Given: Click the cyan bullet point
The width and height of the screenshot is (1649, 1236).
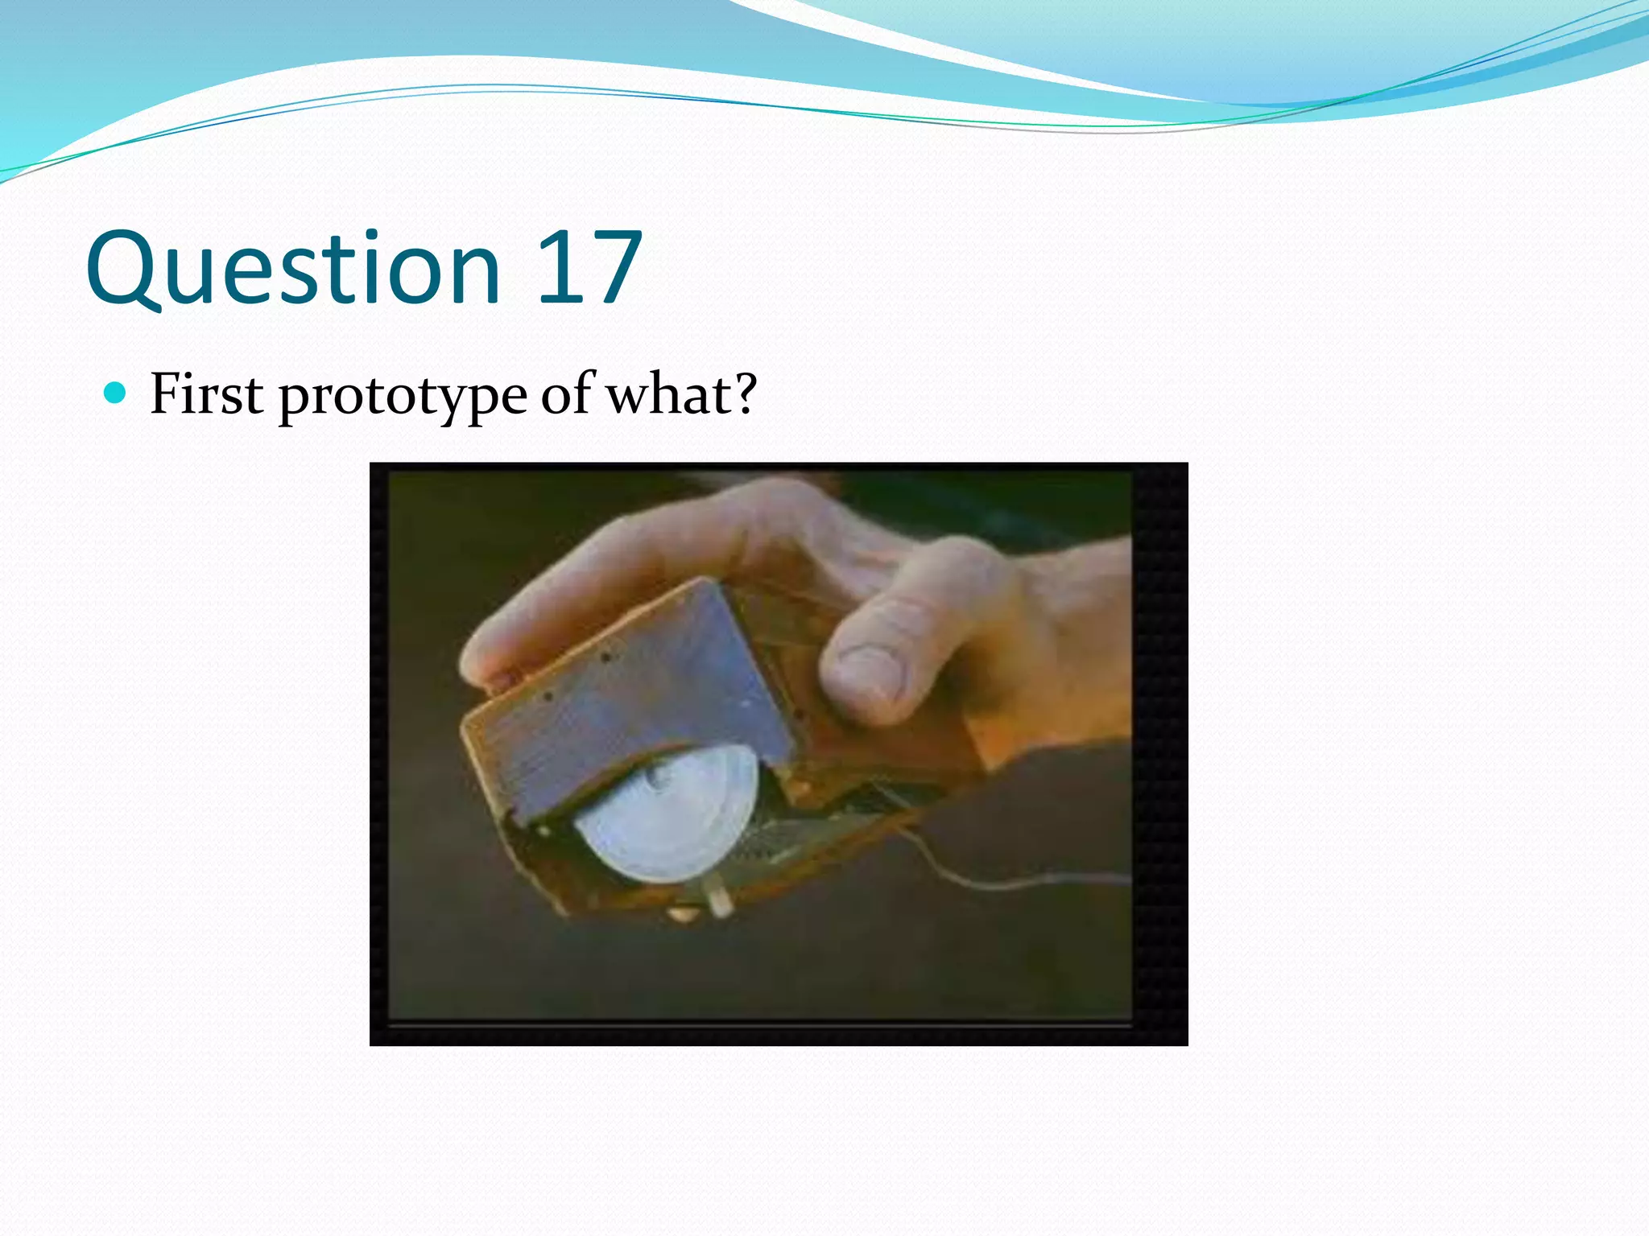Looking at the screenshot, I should click(x=116, y=393).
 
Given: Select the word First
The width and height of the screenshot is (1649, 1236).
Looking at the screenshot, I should click(x=206, y=394).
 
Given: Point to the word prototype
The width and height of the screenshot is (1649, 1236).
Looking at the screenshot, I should click(x=403, y=397).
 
